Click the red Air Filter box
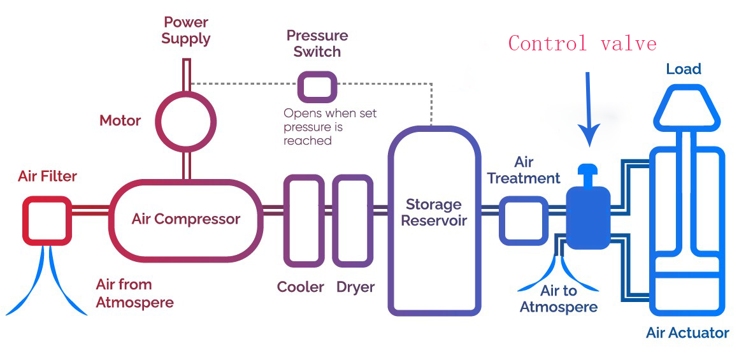(47, 220)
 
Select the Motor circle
(187, 120)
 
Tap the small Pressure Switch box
(317, 87)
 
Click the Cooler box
(304, 220)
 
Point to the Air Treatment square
(523, 220)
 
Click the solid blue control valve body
(587, 217)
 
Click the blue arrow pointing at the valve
(589, 108)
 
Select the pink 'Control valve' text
(582, 43)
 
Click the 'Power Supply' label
(186, 31)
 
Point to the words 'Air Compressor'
(186, 220)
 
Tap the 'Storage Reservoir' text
(434, 213)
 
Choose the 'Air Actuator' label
(687, 333)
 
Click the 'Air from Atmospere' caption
(134, 293)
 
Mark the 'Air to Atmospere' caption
(559, 299)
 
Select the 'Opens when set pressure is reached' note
(329, 127)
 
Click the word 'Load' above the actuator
(683, 69)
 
